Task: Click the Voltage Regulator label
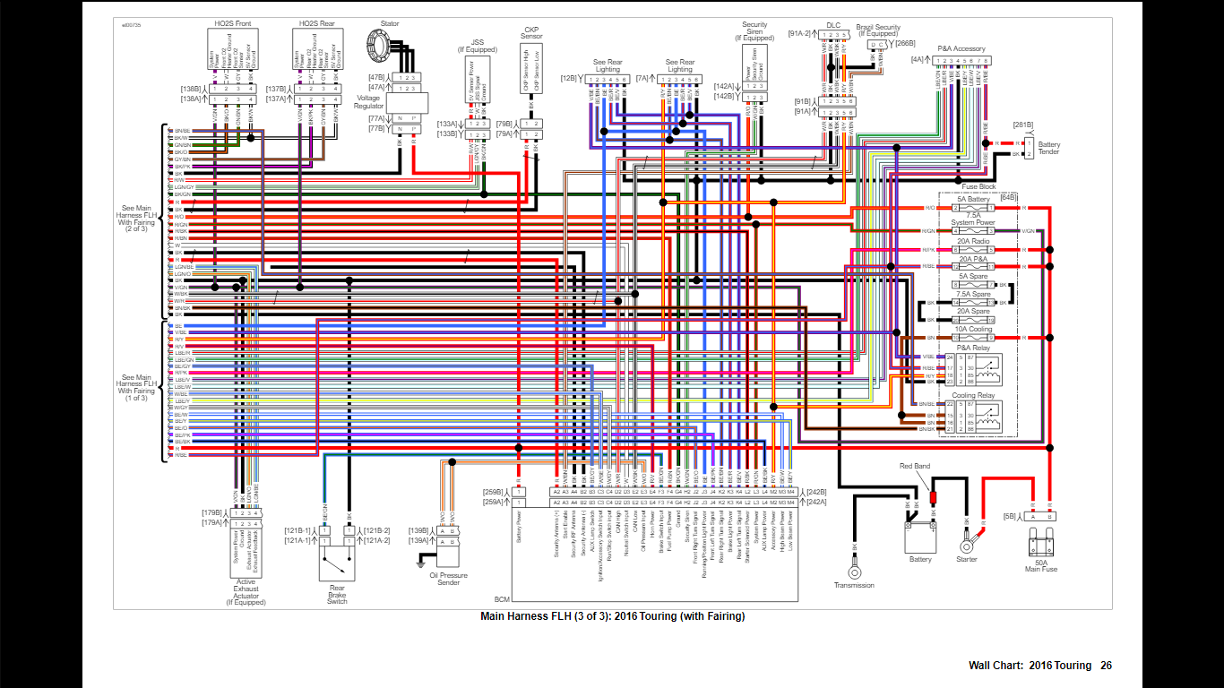tap(368, 102)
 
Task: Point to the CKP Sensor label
tap(531, 33)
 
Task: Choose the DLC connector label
tap(832, 24)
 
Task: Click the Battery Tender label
tap(1049, 148)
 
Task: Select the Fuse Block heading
tap(978, 186)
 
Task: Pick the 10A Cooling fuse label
tap(973, 329)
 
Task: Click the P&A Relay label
tap(973, 347)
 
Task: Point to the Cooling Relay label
tap(973, 395)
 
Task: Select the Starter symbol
tap(967, 545)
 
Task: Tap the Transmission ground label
tap(854, 586)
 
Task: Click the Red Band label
tap(915, 466)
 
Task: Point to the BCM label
tap(502, 599)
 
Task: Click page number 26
tap(1107, 666)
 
